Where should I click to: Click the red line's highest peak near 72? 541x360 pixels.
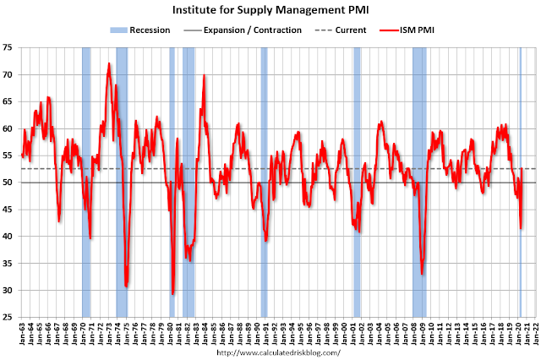[x=109, y=63]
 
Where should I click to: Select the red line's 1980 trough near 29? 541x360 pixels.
[x=172, y=293]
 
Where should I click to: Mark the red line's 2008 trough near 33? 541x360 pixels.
[x=422, y=273]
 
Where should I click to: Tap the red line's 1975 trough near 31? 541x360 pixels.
[x=126, y=286]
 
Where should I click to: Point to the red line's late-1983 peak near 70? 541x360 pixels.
[x=203, y=76]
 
